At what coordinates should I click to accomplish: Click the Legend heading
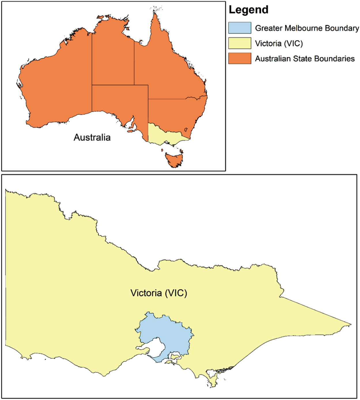click(x=249, y=10)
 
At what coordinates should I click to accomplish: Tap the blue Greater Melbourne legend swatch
click(x=240, y=28)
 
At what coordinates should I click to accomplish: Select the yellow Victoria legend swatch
click(x=240, y=43)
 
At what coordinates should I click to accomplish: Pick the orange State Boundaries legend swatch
click(x=240, y=58)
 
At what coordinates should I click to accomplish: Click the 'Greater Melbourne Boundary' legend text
click(x=307, y=28)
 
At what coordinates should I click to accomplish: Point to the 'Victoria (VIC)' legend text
click(x=279, y=43)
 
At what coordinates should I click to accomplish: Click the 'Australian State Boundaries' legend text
click(x=305, y=59)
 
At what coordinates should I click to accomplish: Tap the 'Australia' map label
click(x=92, y=137)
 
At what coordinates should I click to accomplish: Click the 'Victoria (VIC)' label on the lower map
click(x=159, y=293)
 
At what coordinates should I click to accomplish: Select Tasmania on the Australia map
click(x=174, y=159)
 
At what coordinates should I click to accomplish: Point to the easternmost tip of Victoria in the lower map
click(x=350, y=325)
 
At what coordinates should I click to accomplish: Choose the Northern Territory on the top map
click(x=113, y=58)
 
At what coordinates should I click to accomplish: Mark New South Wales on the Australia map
click(x=173, y=112)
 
